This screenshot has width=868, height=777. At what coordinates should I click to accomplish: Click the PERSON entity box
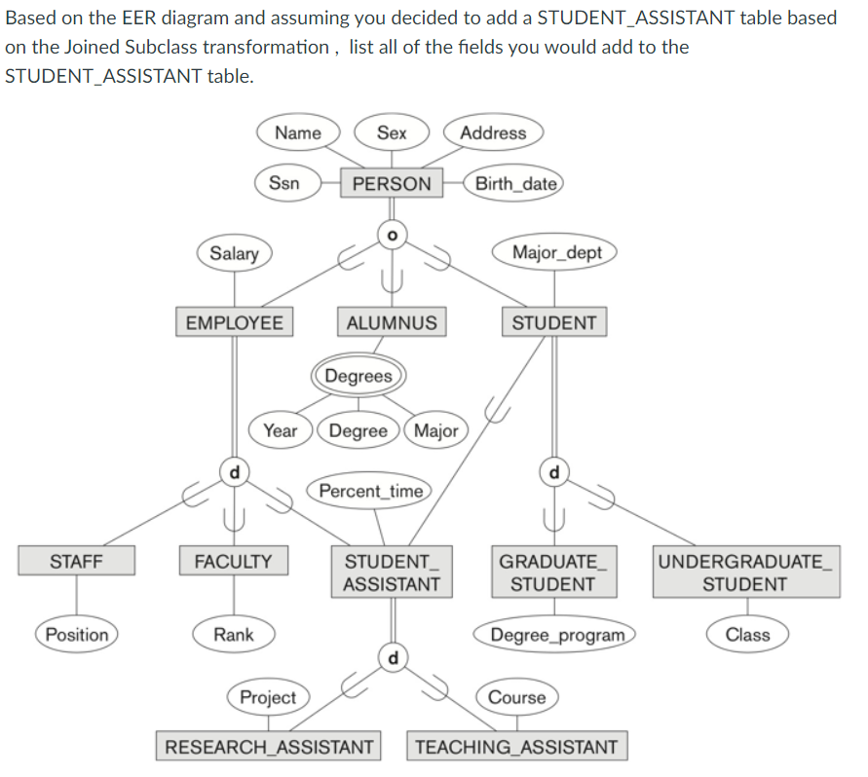pyautogui.click(x=392, y=183)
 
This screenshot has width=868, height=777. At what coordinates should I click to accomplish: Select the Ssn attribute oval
pyautogui.click(x=284, y=183)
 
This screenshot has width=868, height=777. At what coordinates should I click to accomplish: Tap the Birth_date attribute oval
pyautogui.click(x=516, y=183)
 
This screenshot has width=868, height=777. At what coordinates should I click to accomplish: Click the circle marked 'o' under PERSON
pyautogui.click(x=392, y=235)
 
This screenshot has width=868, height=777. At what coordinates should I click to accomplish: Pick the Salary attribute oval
pyautogui.click(x=235, y=253)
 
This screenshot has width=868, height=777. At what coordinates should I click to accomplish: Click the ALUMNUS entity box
pyautogui.click(x=392, y=322)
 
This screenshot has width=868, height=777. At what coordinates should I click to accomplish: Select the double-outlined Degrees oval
pyautogui.click(x=359, y=376)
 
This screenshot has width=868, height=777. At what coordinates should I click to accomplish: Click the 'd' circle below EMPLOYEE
pyautogui.click(x=233, y=472)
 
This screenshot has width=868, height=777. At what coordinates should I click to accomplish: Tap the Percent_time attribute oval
pyautogui.click(x=370, y=491)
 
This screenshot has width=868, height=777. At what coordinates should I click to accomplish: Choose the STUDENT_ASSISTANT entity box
pyautogui.click(x=392, y=573)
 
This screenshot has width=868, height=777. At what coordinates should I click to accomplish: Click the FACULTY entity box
pyautogui.click(x=234, y=561)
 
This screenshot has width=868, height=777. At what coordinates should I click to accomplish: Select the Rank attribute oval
pyautogui.click(x=234, y=635)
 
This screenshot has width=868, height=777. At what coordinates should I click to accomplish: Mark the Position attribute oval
pyautogui.click(x=77, y=635)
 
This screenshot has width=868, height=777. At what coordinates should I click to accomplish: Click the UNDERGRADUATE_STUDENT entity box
pyautogui.click(x=745, y=573)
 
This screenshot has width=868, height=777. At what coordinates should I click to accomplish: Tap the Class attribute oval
pyautogui.click(x=747, y=635)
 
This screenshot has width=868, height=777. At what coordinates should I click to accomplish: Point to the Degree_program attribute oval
pyautogui.click(x=556, y=635)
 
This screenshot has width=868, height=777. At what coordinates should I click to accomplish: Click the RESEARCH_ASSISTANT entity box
pyautogui.click(x=269, y=747)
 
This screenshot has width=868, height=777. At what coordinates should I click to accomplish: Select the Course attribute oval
pyautogui.click(x=516, y=697)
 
